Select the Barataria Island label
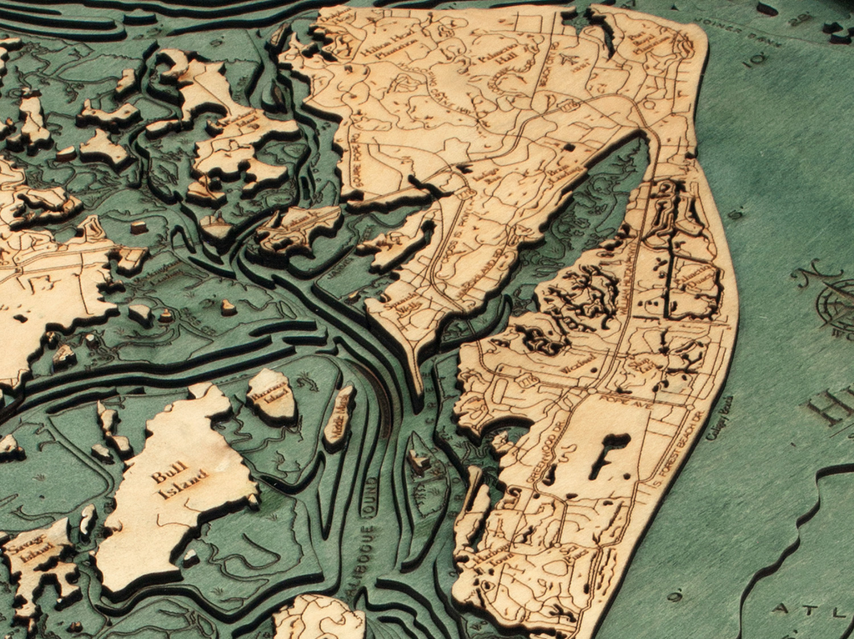click(271, 392)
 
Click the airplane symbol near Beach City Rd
click(569, 60)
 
